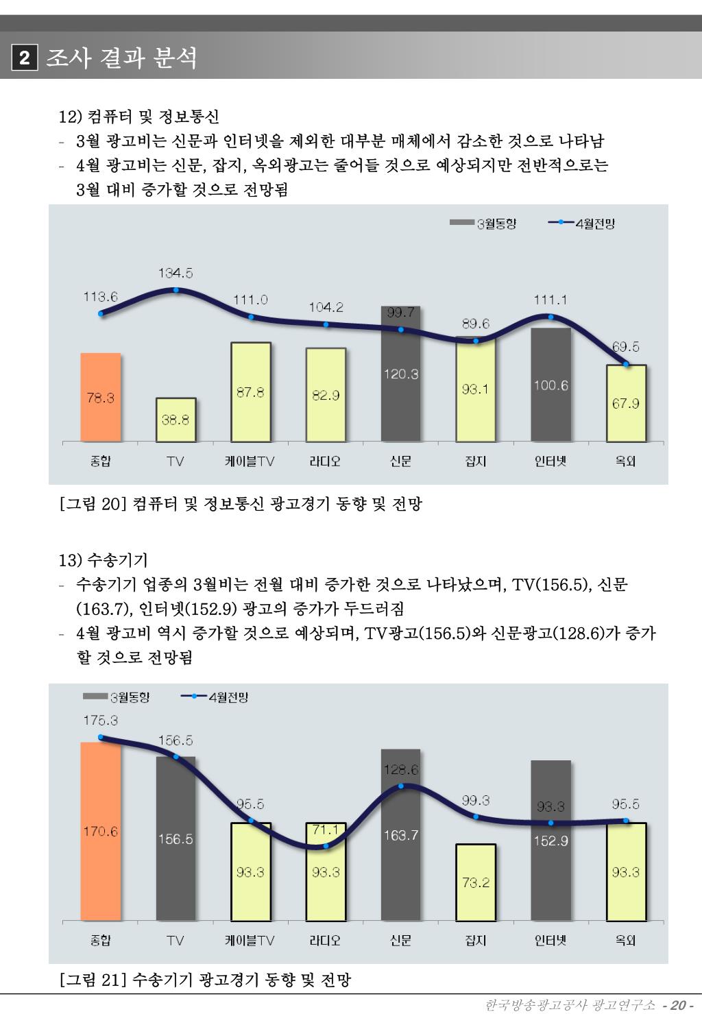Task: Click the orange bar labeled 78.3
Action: pos(101,397)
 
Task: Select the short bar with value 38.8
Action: pos(175,420)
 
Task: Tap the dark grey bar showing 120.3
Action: pos(400,374)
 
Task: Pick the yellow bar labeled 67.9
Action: pos(626,403)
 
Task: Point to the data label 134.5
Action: pos(175,273)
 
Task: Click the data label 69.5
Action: pos(625,347)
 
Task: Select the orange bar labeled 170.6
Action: pos(101,831)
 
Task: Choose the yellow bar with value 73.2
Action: pos(475,882)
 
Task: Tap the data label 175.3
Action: pos(101,720)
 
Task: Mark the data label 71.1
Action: pos(326,830)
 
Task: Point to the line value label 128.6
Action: pos(400,770)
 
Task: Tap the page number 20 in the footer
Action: pos(679,1005)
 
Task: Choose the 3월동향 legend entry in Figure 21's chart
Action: pos(117,697)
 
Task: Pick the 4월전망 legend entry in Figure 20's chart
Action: pos(582,224)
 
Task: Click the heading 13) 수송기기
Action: pos(103,561)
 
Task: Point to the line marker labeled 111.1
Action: pos(550,316)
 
